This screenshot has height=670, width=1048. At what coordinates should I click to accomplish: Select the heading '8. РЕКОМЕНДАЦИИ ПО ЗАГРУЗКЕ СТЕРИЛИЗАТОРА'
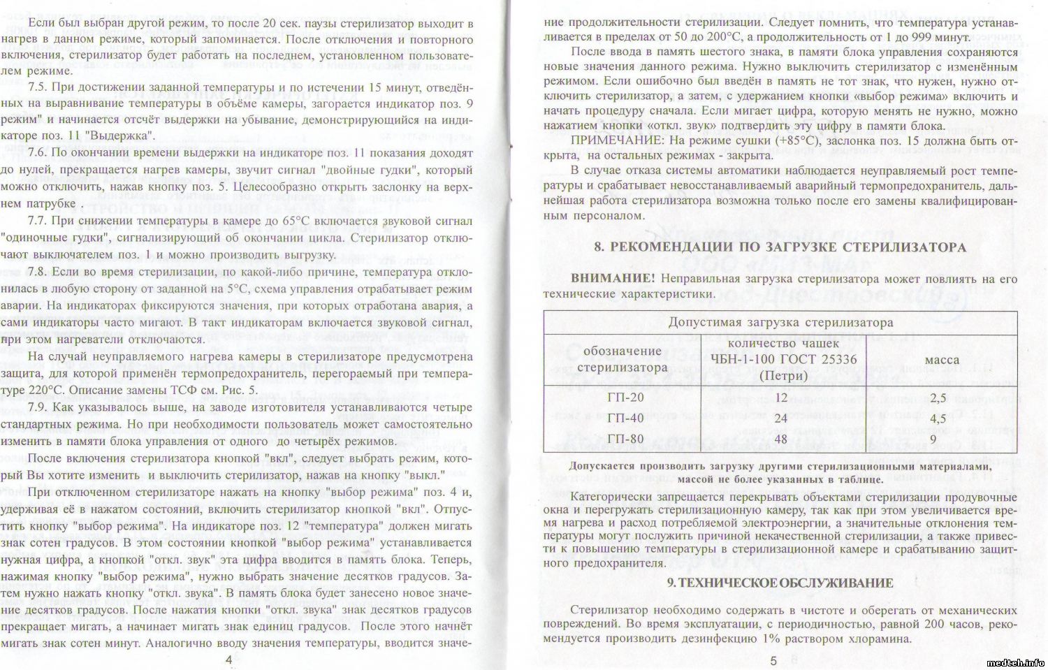(x=780, y=247)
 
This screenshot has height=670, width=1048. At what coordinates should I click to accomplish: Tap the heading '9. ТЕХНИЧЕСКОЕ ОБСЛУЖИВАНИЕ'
(x=780, y=583)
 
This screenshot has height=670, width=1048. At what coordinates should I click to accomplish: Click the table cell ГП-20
(x=626, y=397)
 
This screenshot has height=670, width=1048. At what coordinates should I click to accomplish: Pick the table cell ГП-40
(x=626, y=418)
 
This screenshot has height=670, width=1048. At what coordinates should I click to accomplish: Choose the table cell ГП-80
(x=626, y=439)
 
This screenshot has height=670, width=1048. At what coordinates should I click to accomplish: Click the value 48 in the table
(x=781, y=439)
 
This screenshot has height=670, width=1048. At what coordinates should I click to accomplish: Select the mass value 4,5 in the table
(x=938, y=418)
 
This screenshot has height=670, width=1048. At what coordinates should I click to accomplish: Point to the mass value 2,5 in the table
(x=938, y=398)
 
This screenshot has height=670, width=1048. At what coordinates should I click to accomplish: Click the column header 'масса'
(x=942, y=360)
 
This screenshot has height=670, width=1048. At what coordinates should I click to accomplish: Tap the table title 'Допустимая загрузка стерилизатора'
(x=780, y=323)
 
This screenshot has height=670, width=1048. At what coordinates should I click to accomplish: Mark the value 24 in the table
(x=781, y=418)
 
